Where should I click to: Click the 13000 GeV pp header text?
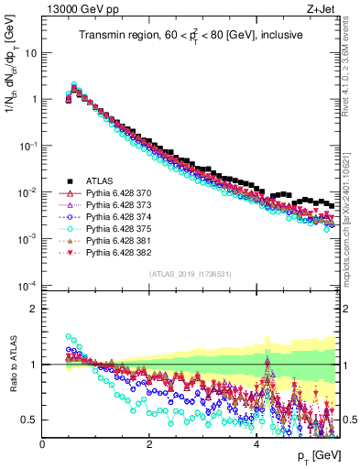point(78,8)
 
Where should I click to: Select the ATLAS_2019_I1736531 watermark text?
point(191,273)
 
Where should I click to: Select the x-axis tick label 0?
point(42,443)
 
